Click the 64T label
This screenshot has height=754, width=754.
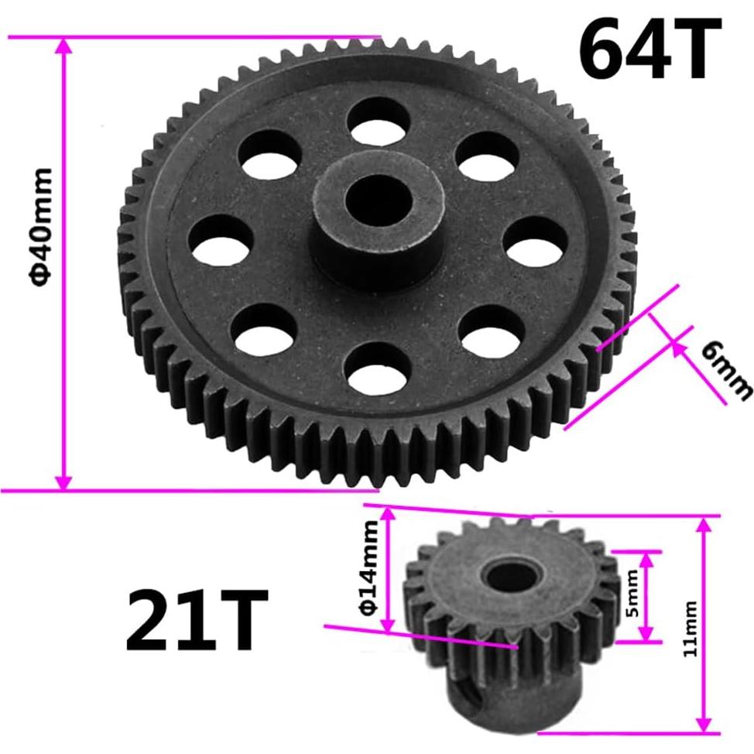(649, 47)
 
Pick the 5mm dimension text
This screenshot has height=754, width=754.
(632, 595)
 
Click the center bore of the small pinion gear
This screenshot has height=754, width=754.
(506, 577)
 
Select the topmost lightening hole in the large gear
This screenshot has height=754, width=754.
(378, 117)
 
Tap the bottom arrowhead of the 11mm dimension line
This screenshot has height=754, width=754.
(703, 721)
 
